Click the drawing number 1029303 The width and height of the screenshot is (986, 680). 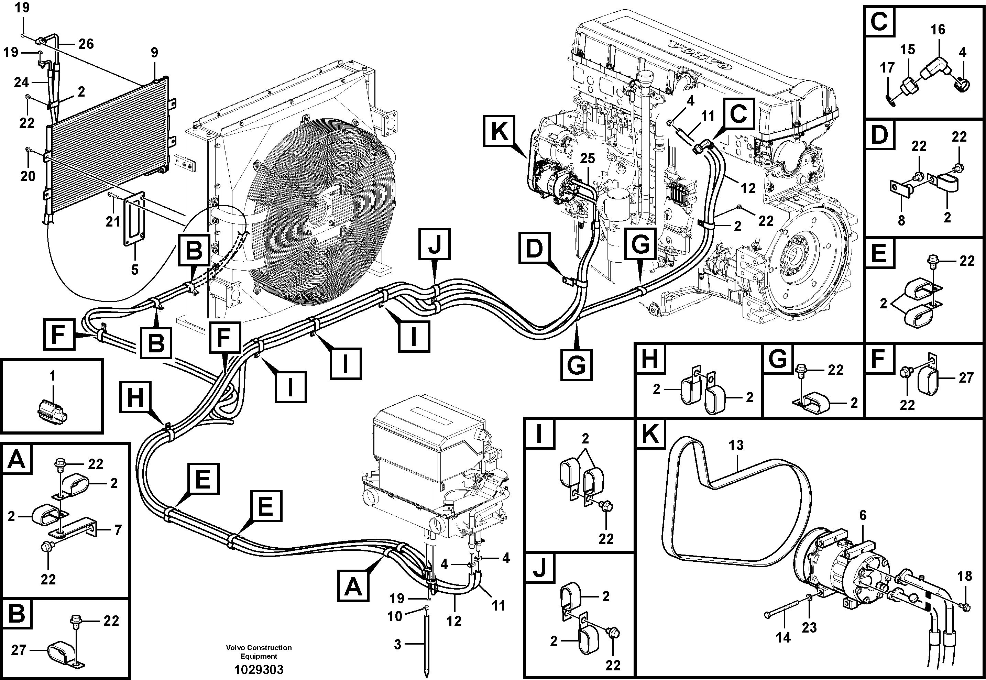[x=259, y=669]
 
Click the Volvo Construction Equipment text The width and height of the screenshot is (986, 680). [x=259, y=651]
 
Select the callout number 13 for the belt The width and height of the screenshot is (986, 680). [x=735, y=445]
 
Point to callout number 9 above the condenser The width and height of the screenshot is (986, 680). [x=154, y=52]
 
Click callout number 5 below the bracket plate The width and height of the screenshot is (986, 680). [x=135, y=270]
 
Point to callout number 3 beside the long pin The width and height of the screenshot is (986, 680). [x=397, y=645]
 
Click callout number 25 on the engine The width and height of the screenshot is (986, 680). [x=587, y=158]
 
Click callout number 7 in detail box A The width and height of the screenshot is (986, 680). [x=118, y=530]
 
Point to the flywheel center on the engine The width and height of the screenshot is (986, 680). [x=796, y=256]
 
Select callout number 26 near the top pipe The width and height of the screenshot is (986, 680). [x=86, y=44]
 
